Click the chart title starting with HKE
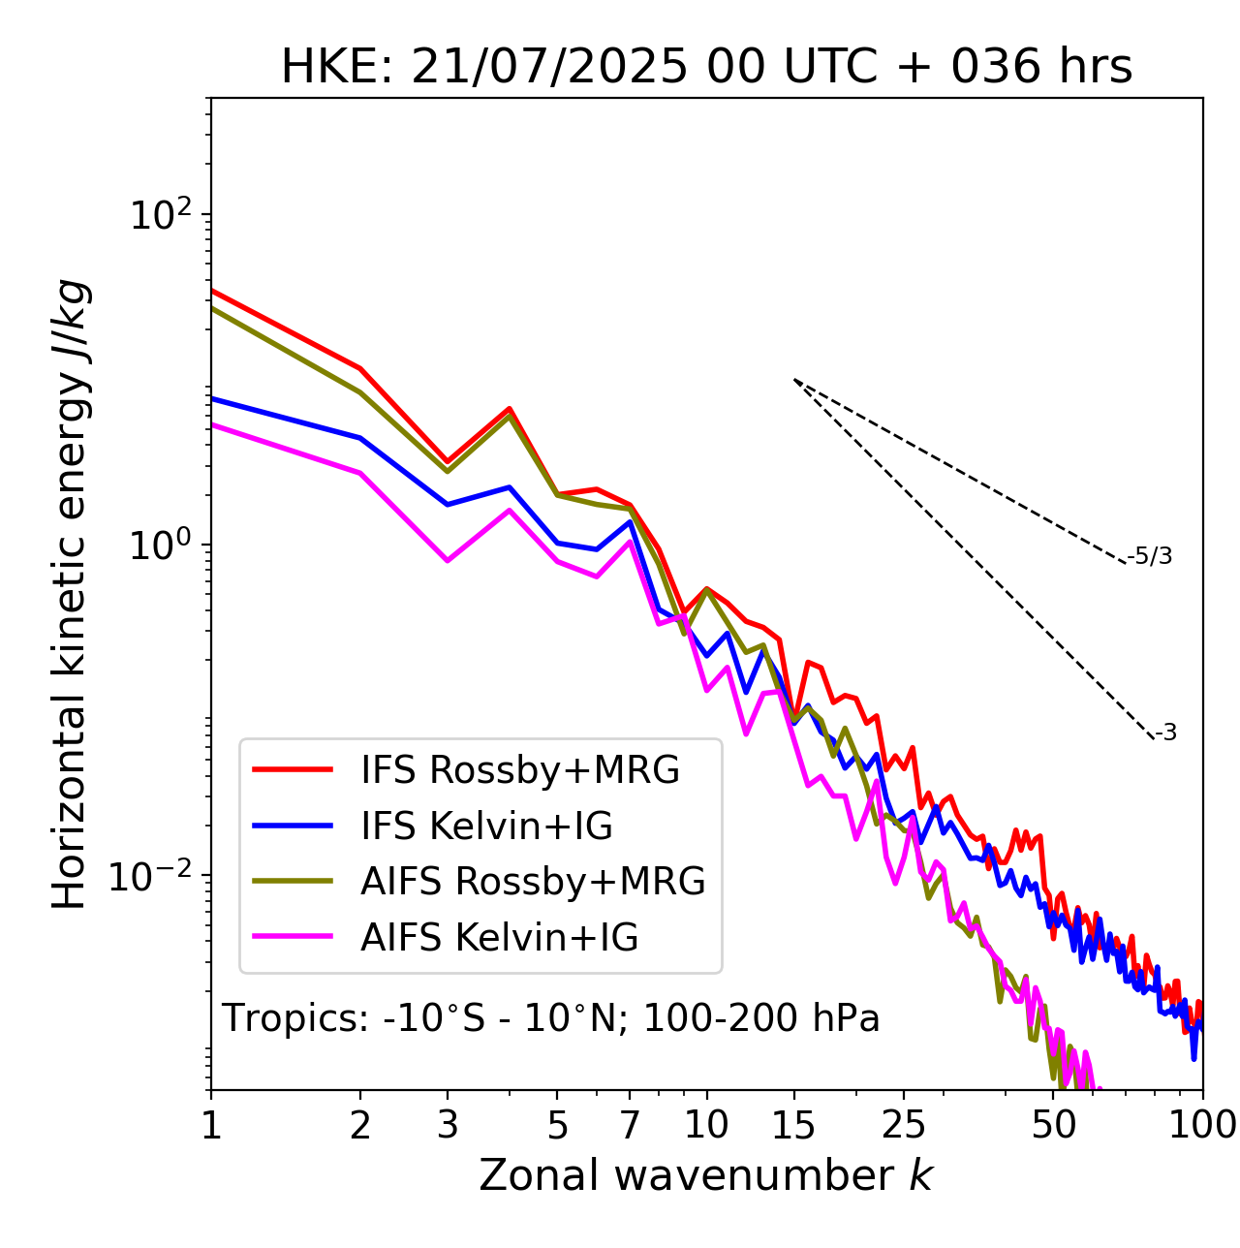click(706, 68)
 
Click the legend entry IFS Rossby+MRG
click(519, 770)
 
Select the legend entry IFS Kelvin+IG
click(486, 827)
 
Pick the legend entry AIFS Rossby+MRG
click(533, 882)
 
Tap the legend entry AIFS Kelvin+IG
click(500, 938)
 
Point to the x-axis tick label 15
click(793, 1125)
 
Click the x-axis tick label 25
click(904, 1125)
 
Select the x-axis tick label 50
click(1053, 1125)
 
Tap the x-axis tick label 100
click(1202, 1125)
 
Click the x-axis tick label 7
click(630, 1125)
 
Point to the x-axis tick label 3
click(448, 1125)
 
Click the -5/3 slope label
click(1150, 557)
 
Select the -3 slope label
click(1165, 733)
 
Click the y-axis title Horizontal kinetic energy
click(70, 595)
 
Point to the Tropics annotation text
click(550, 1019)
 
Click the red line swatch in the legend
click(293, 770)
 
